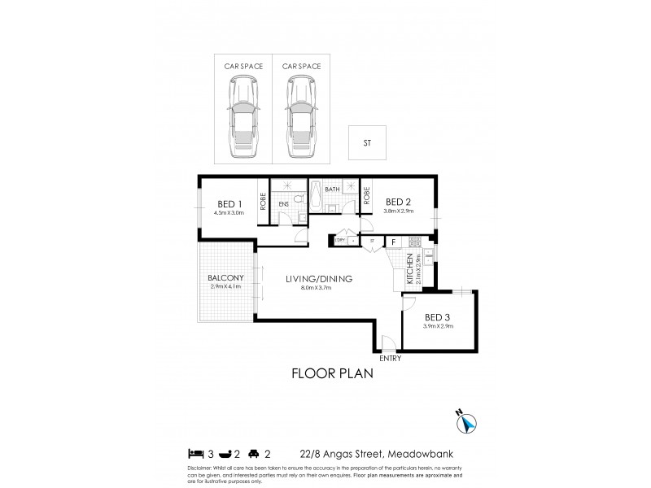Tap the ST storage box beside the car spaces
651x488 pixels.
pyautogui.click(x=366, y=143)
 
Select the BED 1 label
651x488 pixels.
pyautogui.click(x=229, y=203)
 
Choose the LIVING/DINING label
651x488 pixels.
pyautogui.click(x=318, y=279)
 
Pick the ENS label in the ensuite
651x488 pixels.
pyautogui.click(x=283, y=205)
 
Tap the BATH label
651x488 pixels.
pyautogui.click(x=331, y=190)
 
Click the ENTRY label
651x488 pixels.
pyautogui.click(x=389, y=359)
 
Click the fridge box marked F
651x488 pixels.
pyautogui.click(x=394, y=242)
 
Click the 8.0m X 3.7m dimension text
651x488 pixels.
pyautogui.click(x=318, y=288)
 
